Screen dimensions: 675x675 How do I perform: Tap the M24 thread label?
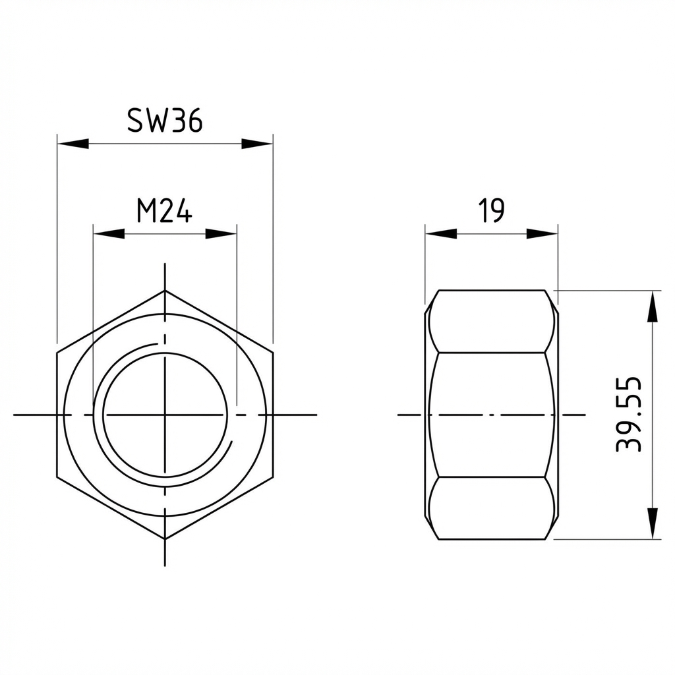[x=164, y=211]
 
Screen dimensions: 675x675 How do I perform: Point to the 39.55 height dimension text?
[x=628, y=414]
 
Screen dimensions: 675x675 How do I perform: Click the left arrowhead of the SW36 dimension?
[x=73, y=144]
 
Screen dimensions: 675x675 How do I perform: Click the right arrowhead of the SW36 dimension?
[x=257, y=144]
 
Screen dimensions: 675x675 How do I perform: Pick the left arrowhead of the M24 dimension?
[x=109, y=234]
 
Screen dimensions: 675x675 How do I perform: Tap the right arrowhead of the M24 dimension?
[x=221, y=234]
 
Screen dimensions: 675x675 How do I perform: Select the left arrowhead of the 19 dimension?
[x=441, y=234]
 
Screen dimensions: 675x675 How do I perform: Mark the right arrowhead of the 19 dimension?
[x=543, y=234]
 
